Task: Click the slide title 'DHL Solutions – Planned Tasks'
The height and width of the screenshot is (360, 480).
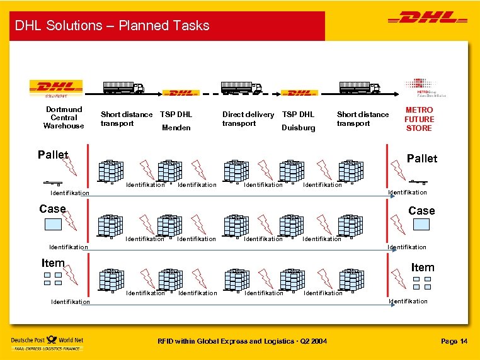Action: (112, 26)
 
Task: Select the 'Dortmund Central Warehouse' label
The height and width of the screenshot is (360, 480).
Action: (64, 118)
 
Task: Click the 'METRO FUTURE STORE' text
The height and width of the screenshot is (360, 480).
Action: (419, 119)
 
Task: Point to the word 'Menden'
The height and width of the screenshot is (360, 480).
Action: (176, 128)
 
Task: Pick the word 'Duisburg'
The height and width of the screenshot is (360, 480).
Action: (299, 128)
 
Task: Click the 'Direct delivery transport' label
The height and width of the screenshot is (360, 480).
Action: (248, 119)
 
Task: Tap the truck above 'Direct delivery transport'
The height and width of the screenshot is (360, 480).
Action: (241, 88)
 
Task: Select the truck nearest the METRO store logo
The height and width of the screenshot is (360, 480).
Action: (360, 88)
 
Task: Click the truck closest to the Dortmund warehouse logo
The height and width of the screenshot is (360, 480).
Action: (123, 88)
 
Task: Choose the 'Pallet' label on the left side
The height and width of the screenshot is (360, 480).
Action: (53, 155)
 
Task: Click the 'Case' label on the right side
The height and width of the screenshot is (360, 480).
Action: (421, 211)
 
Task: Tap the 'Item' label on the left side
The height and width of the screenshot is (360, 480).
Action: (53, 263)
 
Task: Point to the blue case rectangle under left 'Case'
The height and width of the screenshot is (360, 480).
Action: (52, 223)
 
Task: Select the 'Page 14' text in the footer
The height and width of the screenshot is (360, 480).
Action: (454, 341)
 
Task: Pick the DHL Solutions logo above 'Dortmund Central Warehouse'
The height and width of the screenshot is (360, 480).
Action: (57, 89)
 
